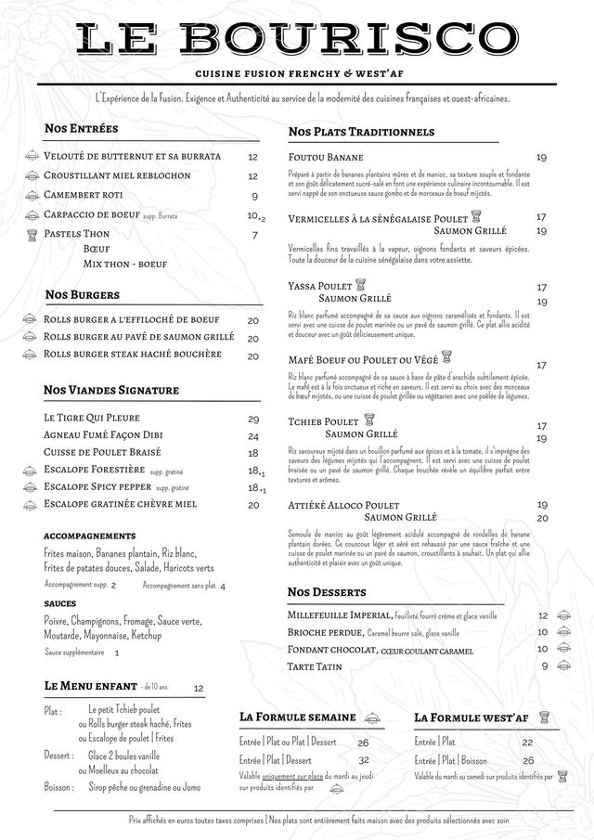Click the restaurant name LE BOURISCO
tap(297, 39)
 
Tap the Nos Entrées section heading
tap(81, 128)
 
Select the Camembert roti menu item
tap(84, 196)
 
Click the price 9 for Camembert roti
tap(254, 196)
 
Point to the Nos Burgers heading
tap(82, 295)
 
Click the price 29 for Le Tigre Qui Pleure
tap(253, 420)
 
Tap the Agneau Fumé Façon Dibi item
tap(102, 436)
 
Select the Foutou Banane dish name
tap(326, 157)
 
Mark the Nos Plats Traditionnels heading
tap(361, 132)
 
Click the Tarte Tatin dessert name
tap(315, 666)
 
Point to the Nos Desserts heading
tap(327, 591)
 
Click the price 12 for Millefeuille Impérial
tap(543, 615)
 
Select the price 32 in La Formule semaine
tap(363, 759)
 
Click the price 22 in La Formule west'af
tap(527, 743)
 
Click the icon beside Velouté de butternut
tap(31, 156)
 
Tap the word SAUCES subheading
tap(59, 603)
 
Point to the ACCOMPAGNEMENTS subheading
tap(90, 536)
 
